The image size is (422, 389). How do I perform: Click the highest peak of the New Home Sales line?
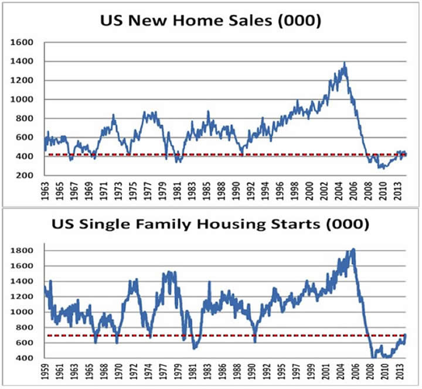pyautogui.click(x=344, y=63)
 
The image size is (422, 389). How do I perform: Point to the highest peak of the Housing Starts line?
pyautogui.click(x=353, y=249)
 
